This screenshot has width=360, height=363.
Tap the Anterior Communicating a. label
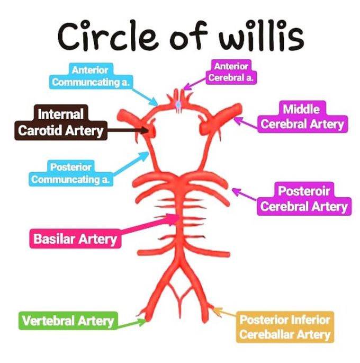92,76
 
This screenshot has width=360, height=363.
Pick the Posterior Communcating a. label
71,173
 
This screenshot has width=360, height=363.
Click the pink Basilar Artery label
75,239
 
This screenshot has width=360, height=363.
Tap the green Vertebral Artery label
68,321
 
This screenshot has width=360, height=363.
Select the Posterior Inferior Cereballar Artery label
285,327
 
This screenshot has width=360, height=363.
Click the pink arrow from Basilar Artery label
148,226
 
